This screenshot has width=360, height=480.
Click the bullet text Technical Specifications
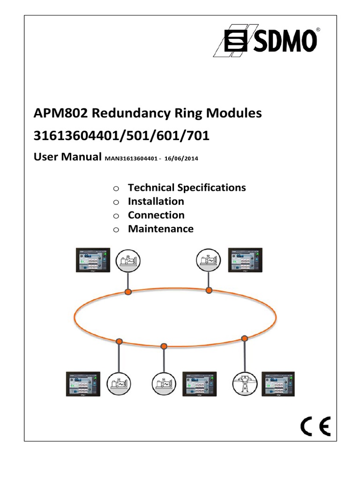click(x=187, y=187)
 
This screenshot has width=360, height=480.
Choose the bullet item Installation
click(x=156, y=202)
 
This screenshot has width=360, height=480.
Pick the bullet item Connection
click(x=156, y=215)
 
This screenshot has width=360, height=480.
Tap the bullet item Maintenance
click(x=160, y=229)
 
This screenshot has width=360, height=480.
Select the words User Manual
click(x=67, y=157)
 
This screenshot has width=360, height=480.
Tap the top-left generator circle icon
click(x=127, y=261)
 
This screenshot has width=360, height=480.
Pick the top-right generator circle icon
click(x=209, y=261)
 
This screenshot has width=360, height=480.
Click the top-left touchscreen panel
click(x=93, y=260)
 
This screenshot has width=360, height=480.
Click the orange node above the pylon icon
click(x=244, y=338)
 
